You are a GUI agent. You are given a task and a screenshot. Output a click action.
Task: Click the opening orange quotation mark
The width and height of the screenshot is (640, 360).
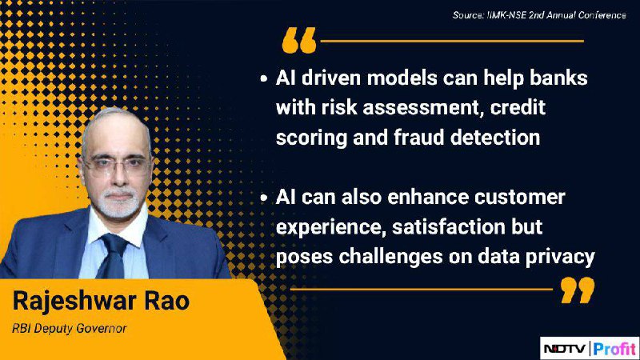click(299, 41)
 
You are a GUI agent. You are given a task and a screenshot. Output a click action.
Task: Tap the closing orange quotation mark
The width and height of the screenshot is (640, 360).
click(578, 290)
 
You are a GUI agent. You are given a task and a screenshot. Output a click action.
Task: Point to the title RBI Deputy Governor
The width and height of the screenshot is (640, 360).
click(70, 329)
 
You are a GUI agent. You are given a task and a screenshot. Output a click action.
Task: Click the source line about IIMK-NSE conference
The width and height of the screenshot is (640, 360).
click(539, 15)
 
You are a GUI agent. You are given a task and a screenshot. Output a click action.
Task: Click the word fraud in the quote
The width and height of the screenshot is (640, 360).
click(418, 137)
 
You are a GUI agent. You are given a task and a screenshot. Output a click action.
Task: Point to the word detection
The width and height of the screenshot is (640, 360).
click(495, 137)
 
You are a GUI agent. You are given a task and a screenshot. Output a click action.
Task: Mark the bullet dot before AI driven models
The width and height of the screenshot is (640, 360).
click(264, 78)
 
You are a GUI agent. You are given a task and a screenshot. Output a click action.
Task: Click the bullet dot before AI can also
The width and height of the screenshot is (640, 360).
click(264, 198)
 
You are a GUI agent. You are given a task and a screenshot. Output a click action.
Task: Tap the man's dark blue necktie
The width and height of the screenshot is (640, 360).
click(112, 255)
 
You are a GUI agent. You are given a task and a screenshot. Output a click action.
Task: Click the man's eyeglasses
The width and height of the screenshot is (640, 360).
click(116, 166)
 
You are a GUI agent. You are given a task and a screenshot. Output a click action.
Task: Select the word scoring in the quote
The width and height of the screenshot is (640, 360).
click(311, 138)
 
